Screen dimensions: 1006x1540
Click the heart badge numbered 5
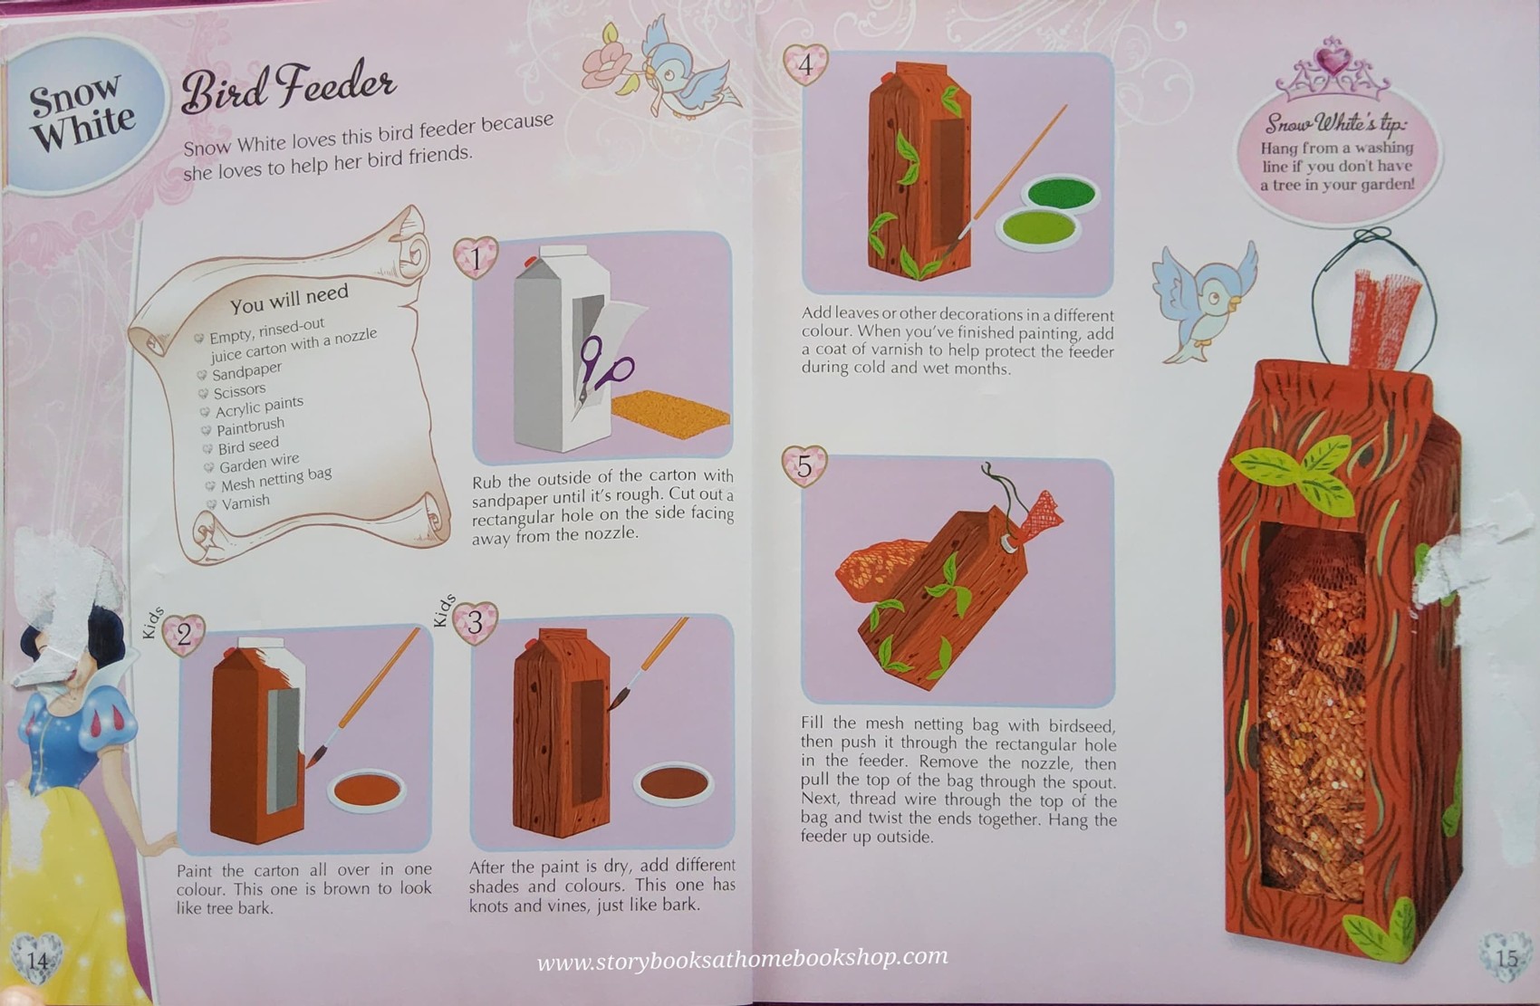[804, 465]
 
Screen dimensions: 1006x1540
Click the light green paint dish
[1039, 225]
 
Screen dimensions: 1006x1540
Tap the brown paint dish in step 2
[366, 790]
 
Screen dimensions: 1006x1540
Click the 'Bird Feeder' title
[288, 89]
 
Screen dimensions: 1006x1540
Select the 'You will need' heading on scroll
[288, 298]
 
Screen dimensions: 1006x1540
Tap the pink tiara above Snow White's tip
[1332, 71]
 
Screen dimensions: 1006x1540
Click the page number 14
[36, 959]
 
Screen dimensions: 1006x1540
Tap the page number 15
[1506, 958]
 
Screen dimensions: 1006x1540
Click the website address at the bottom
[743, 958]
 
